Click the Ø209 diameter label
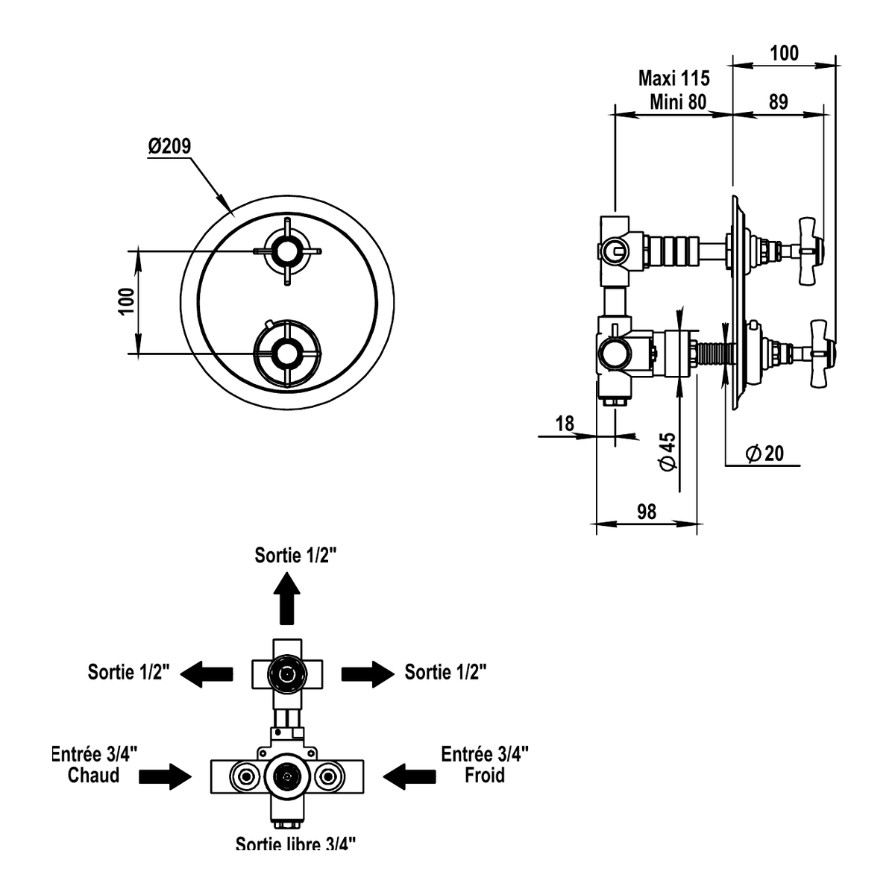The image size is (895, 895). click(169, 146)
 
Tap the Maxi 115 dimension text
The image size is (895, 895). click(674, 78)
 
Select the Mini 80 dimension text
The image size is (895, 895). click(678, 102)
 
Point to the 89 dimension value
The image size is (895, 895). click(779, 102)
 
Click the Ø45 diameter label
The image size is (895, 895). click(668, 451)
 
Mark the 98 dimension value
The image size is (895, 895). click(647, 512)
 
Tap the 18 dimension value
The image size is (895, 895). click(565, 424)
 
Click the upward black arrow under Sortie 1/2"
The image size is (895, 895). click(287, 598)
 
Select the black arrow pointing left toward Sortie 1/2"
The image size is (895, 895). click(206, 674)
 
